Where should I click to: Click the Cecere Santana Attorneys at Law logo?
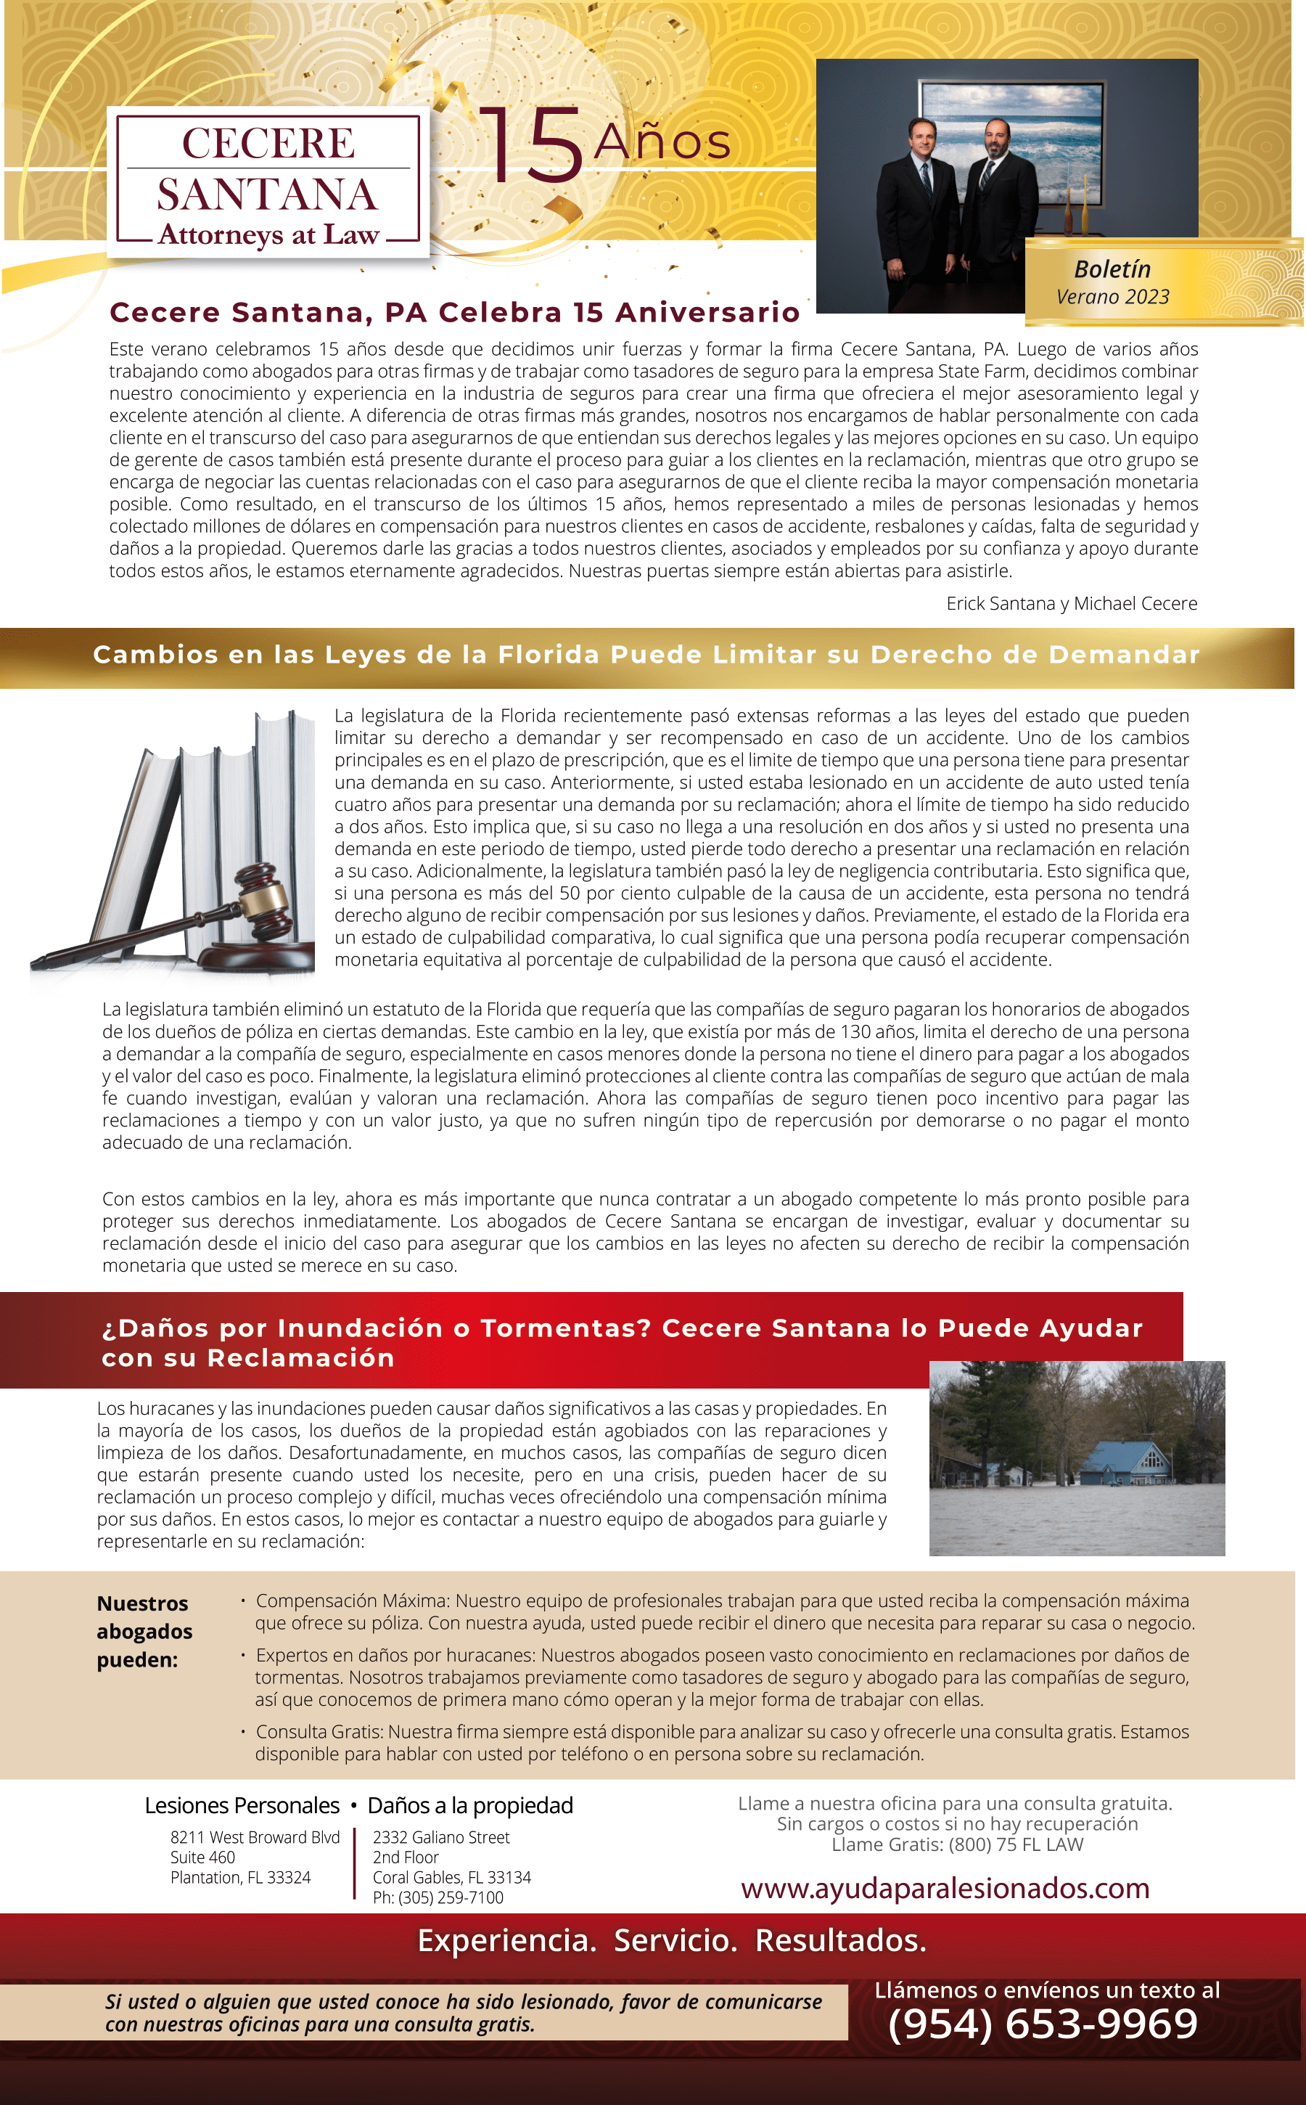pos(268,183)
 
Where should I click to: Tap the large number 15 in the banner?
pos(532,144)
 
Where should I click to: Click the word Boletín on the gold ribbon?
pos(1112,269)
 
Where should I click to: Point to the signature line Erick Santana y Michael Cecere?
pos(1071,603)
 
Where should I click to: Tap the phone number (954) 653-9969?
pos(1043,2024)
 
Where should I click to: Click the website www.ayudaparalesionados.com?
pos(945,1888)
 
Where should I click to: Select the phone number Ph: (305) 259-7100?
pos(438,1897)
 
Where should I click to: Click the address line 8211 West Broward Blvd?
pos(255,1837)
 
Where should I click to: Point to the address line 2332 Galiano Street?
pos(440,1837)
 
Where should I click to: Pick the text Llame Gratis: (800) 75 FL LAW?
pos(957,1845)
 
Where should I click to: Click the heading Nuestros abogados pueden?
pos(144,1632)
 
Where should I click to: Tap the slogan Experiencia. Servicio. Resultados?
pos(671,1941)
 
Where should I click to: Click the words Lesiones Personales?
pos(242,1805)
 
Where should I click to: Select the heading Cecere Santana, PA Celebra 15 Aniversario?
pos(454,312)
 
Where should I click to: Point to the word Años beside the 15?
pos(662,142)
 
